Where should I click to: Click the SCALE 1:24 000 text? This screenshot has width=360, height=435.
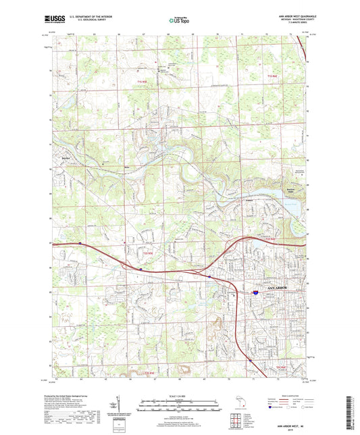(x=179, y=396)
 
